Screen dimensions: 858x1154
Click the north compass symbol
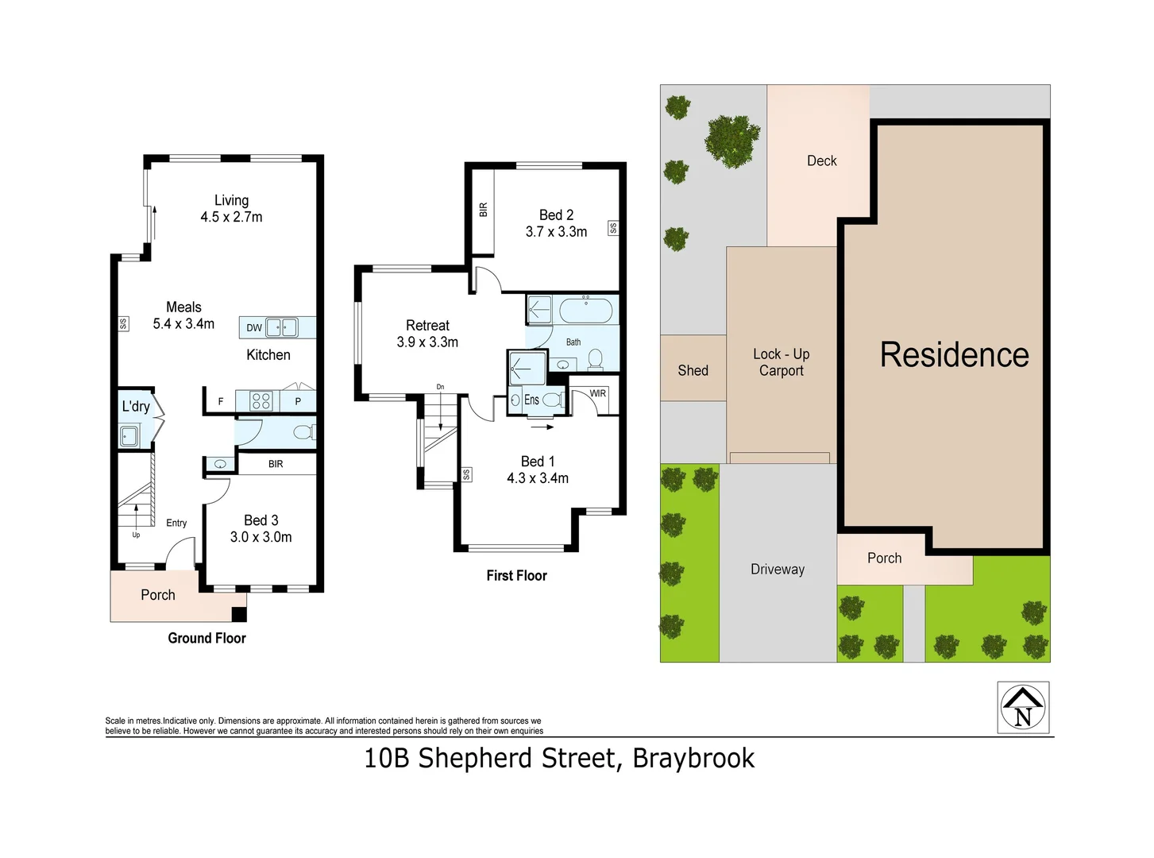pos(1023,707)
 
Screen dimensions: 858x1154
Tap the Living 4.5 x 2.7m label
pos(231,209)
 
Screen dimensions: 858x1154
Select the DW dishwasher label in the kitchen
pos(253,327)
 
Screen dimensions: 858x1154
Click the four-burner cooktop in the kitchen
pos(261,401)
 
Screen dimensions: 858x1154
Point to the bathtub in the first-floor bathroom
pos(585,311)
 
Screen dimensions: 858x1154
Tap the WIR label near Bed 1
pos(597,393)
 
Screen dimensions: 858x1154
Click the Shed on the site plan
pos(693,370)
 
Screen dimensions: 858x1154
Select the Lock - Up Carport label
pos(781,362)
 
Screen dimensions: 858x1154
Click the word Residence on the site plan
pos(954,354)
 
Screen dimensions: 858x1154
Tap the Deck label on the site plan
pos(821,161)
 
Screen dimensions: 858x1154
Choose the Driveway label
pos(777,570)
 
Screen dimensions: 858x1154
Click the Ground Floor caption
pos(206,638)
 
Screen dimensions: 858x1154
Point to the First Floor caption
pos(516,576)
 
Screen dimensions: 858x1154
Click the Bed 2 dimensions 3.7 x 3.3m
pos(556,232)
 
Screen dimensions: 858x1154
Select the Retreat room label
pos(427,326)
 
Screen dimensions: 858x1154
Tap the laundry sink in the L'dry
pos(129,436)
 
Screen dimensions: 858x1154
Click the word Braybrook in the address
pos(693,759)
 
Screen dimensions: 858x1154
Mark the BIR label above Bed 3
pos(276,464)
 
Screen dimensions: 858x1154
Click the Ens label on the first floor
pos(531,400)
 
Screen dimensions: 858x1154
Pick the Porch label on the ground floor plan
pos(157,595)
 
